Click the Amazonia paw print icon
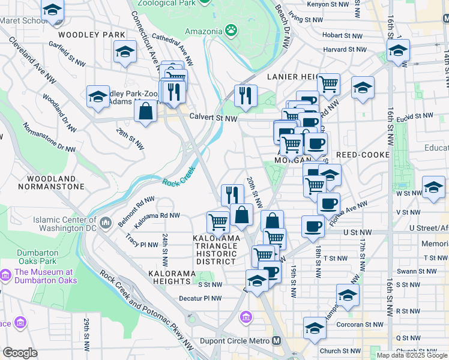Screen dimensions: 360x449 [x=231, y=29]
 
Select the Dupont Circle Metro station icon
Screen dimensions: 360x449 [x=276, y=340]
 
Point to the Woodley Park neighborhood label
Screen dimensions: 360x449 [x=92, y=35]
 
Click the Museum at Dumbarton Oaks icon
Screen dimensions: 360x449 [x=5, y=275]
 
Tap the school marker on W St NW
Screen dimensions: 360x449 [x=433, y=188]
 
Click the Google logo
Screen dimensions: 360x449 [x=20, y=353]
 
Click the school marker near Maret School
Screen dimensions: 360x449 [x=53, y=11]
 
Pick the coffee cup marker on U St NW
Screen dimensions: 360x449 [x=312, y=227]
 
